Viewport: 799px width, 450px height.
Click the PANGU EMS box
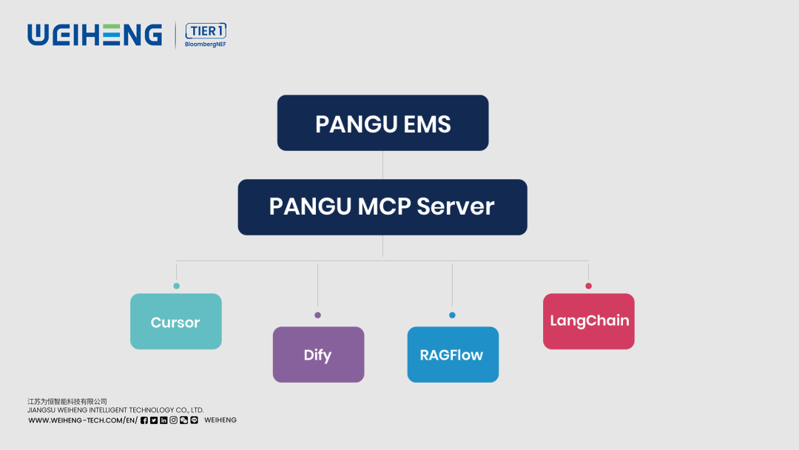pos(382,123)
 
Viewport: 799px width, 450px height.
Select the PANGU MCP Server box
pos(382,206)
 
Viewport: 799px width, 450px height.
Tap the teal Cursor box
pos(175,321)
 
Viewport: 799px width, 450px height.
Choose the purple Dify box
pos(318,355)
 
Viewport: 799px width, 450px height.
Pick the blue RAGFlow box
pos(452,355)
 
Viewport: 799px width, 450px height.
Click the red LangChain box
pos(588,321)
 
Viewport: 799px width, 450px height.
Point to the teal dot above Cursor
pos(176,286)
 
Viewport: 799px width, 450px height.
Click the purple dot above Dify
pos(318,315)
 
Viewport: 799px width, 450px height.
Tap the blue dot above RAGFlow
pos(452,315)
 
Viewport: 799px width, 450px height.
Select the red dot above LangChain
pos(588,286)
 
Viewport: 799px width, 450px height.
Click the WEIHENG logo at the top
pos(95,35)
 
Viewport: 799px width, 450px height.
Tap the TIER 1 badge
pos(206,30)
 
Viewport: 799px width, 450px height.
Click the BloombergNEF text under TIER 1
pos(206,44)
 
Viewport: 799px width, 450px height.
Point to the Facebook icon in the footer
pos(144,420)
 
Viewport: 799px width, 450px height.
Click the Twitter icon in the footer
pos(154,420)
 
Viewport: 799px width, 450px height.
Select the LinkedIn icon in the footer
pos(163,420)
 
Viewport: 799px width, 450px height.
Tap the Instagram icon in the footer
pos(174,420)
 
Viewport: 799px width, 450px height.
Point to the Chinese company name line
pos(67,401)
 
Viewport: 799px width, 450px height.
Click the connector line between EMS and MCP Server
pos(382,165)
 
